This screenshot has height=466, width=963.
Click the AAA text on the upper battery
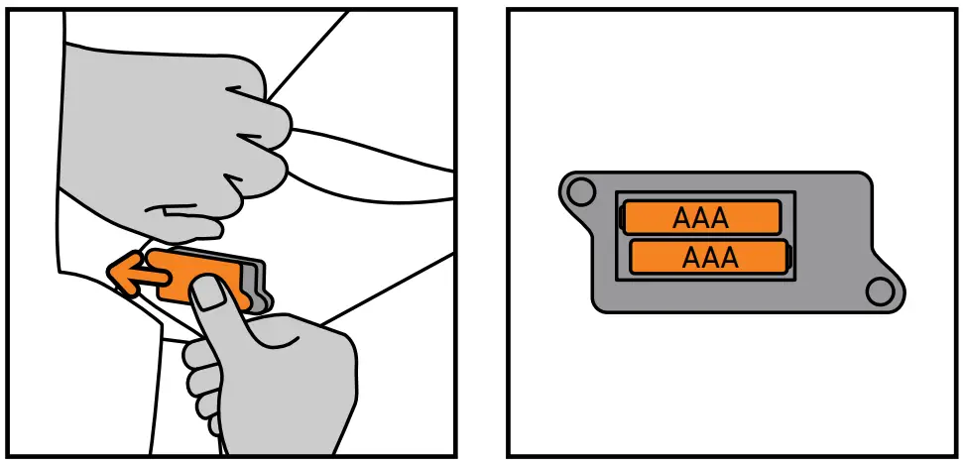click(x=700, y=217)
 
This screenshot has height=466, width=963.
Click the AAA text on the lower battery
click(x=710, y=258)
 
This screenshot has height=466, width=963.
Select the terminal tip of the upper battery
click(x=622, y=217)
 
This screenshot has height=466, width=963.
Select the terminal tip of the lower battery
click(x=789, y=258)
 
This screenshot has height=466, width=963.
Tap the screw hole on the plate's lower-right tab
click(x=878, y=291)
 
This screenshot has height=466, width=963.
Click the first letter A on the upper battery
click(x=681, y=217)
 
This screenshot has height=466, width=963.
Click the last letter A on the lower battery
click(x=729, y=258)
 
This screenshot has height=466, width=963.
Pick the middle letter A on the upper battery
click(x=700, y=217)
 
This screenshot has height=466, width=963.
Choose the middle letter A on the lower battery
click(x=710, y=258)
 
